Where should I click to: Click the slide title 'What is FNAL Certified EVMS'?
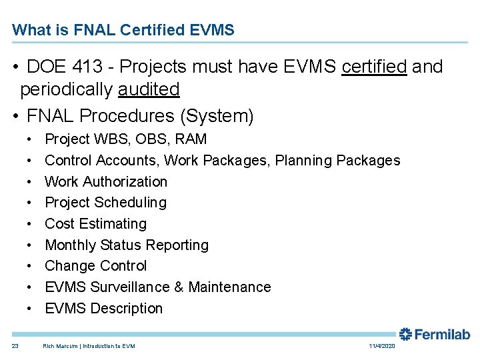click(x=123, y=30)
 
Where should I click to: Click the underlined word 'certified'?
click(x=374, y=67)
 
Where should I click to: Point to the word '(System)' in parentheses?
click(x=217, y=116)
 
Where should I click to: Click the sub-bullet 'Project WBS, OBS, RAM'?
click(x=125, y=139)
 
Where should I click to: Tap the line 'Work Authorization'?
click(x=106, y=181)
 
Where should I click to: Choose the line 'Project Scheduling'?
click(x=105, y=203)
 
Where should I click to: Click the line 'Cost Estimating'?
click(x=95, y=224)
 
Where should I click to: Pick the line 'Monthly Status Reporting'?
click(x=127, y=245)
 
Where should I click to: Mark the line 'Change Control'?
click(x=95, y=266)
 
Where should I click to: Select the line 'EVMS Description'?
click(x=103, y=309)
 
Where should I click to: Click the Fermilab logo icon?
click(x=405, y=334)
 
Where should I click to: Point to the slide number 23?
click(x=15, y=346)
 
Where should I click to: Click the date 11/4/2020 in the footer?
click(x=382, y=346)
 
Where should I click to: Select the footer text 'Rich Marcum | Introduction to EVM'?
click(x=89, y=346)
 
